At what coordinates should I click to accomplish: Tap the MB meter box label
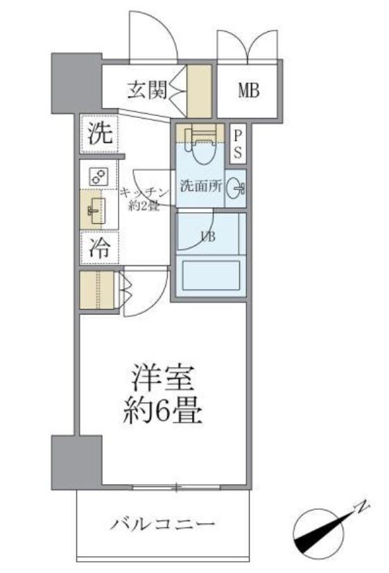click(249, 91)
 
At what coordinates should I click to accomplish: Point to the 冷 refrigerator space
click(99, 248)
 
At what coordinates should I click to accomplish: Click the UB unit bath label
click(207, 236)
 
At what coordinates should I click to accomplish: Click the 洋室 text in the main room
click(165, 379)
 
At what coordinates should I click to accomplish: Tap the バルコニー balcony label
click(162, 524)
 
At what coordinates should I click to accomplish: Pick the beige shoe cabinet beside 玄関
click(200, 91)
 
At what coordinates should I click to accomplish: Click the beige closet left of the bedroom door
click(96, 291)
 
